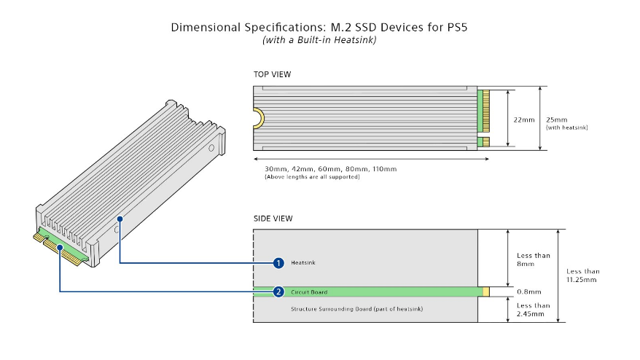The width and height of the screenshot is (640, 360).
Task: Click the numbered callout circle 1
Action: (278, 263)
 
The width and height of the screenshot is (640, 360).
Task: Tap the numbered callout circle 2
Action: (278, 291)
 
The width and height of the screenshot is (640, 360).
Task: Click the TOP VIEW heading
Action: (272, 74)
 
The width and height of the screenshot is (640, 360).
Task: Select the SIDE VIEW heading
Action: (273, 219)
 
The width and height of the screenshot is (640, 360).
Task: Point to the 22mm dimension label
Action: (524, 120)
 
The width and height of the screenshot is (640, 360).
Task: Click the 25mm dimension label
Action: (557, 120)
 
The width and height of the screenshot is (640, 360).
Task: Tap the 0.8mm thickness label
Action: (529, 291)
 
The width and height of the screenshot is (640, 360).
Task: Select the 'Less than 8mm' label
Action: (534, 259)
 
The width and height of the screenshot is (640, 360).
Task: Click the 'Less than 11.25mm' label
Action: (583, 275)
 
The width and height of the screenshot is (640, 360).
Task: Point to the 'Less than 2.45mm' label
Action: (533, 310)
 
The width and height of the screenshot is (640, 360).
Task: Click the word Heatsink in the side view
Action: (303, 262)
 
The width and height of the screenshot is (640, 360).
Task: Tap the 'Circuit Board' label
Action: (309, 291)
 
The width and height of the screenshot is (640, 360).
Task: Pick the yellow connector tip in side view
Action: (485, 291)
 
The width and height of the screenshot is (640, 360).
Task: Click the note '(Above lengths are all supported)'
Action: (312, 177)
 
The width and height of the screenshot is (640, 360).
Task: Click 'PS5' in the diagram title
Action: (455, 28)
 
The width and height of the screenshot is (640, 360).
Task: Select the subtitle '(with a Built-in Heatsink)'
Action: (319, 39)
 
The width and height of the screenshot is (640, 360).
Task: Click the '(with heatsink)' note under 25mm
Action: (567, 128)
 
